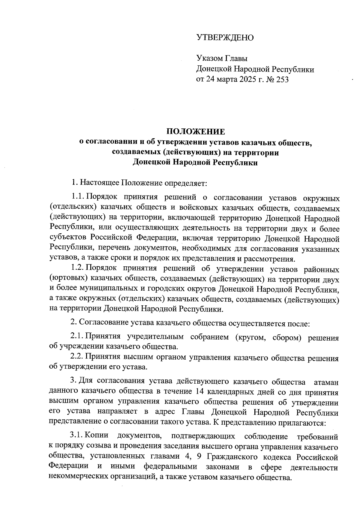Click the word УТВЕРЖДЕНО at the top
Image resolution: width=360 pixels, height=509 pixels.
coord(225,38)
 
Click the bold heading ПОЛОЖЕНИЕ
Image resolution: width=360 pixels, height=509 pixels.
coord(195,132)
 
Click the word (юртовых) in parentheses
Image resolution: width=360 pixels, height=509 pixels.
coord(67,279)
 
